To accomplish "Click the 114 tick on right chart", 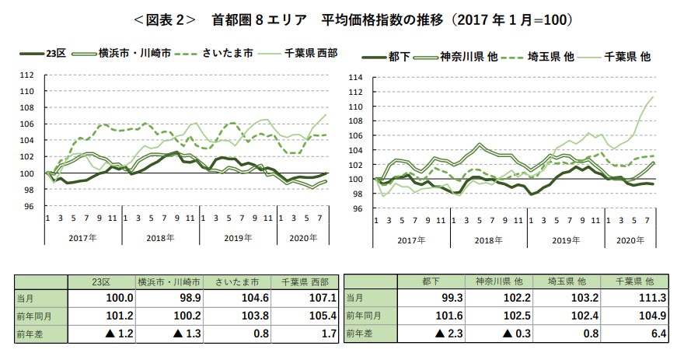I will [x=357, y=77].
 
